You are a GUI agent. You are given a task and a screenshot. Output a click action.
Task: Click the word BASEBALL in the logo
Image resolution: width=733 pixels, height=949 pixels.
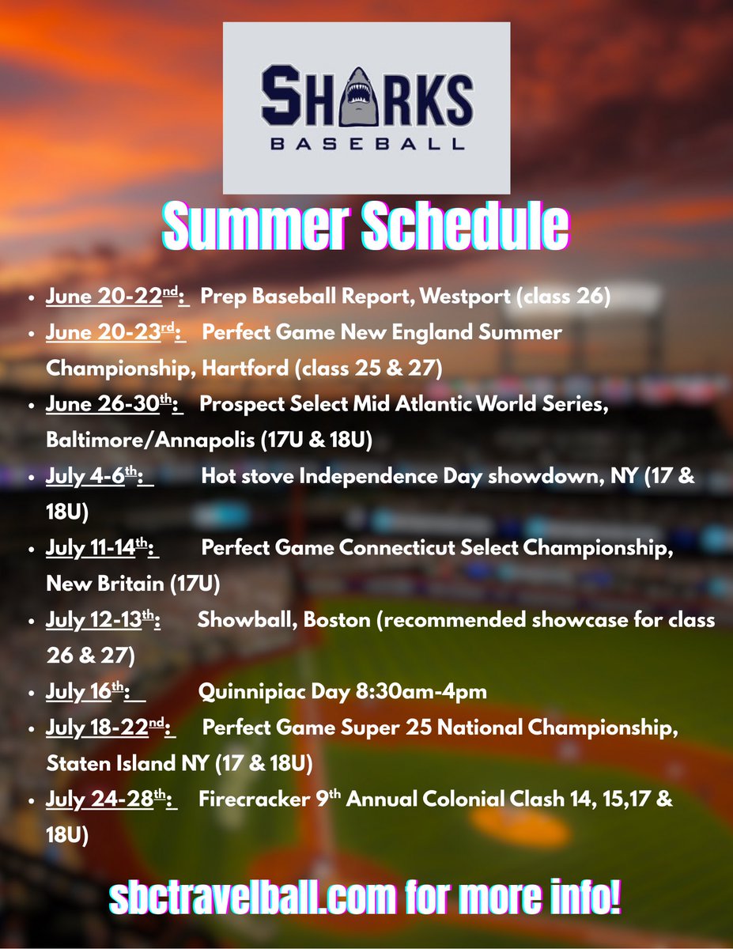(x=366, y=145)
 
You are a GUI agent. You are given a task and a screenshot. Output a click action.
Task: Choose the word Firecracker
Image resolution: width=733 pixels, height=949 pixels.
(x=255, y=800)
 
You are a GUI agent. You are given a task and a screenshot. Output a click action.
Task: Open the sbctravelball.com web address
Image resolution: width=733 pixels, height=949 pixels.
(x=252, y=898)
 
